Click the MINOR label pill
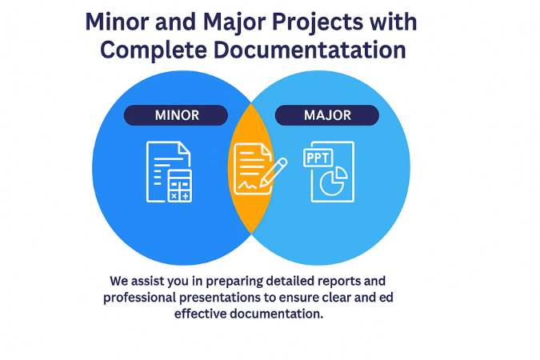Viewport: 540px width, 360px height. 176,115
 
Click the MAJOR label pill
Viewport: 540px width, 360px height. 327,115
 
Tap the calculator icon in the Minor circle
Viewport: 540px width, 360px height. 180,186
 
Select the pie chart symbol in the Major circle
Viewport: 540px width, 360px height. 334,181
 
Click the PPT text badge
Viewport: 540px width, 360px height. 318,158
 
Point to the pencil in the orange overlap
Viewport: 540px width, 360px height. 274,172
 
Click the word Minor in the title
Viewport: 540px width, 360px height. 117,22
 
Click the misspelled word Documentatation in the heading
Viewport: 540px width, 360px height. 310,50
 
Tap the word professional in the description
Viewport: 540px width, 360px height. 139,298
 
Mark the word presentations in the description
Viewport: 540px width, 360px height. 220,298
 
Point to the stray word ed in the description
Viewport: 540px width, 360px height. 386,298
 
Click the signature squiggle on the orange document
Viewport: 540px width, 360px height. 248,186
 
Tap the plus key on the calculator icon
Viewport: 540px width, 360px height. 186,196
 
